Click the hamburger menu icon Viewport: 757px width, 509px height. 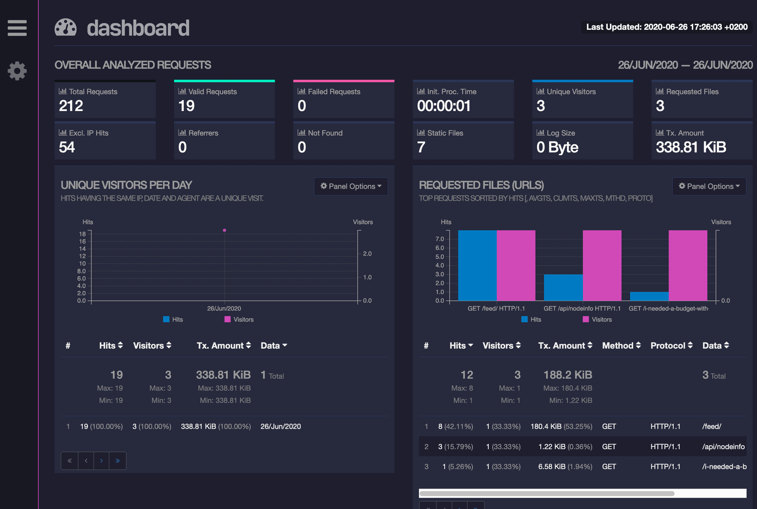(17, 28)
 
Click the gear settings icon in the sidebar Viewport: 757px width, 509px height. (17, 71)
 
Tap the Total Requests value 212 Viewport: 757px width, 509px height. (71, 106)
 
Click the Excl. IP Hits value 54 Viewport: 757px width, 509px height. (67, 147)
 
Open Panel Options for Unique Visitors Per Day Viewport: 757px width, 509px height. (351, 186)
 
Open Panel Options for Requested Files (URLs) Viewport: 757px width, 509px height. (709, 186)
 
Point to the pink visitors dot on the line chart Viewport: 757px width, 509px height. (225, 230)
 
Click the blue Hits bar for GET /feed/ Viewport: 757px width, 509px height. (477, 265)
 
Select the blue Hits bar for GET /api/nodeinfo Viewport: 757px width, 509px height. (563, 287)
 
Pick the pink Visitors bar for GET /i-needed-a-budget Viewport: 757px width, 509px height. (688, 265)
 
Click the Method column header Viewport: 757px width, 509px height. (621, 345)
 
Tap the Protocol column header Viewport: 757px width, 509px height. (671, 345)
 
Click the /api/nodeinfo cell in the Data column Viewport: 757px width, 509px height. (723, 447)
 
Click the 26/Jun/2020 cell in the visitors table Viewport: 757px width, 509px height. (281, 427)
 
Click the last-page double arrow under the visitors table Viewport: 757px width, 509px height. (118, 461)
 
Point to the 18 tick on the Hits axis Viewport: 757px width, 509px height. (82, 234)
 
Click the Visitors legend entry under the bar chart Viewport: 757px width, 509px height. (597, 320)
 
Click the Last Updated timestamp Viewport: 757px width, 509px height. (667, 27)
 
